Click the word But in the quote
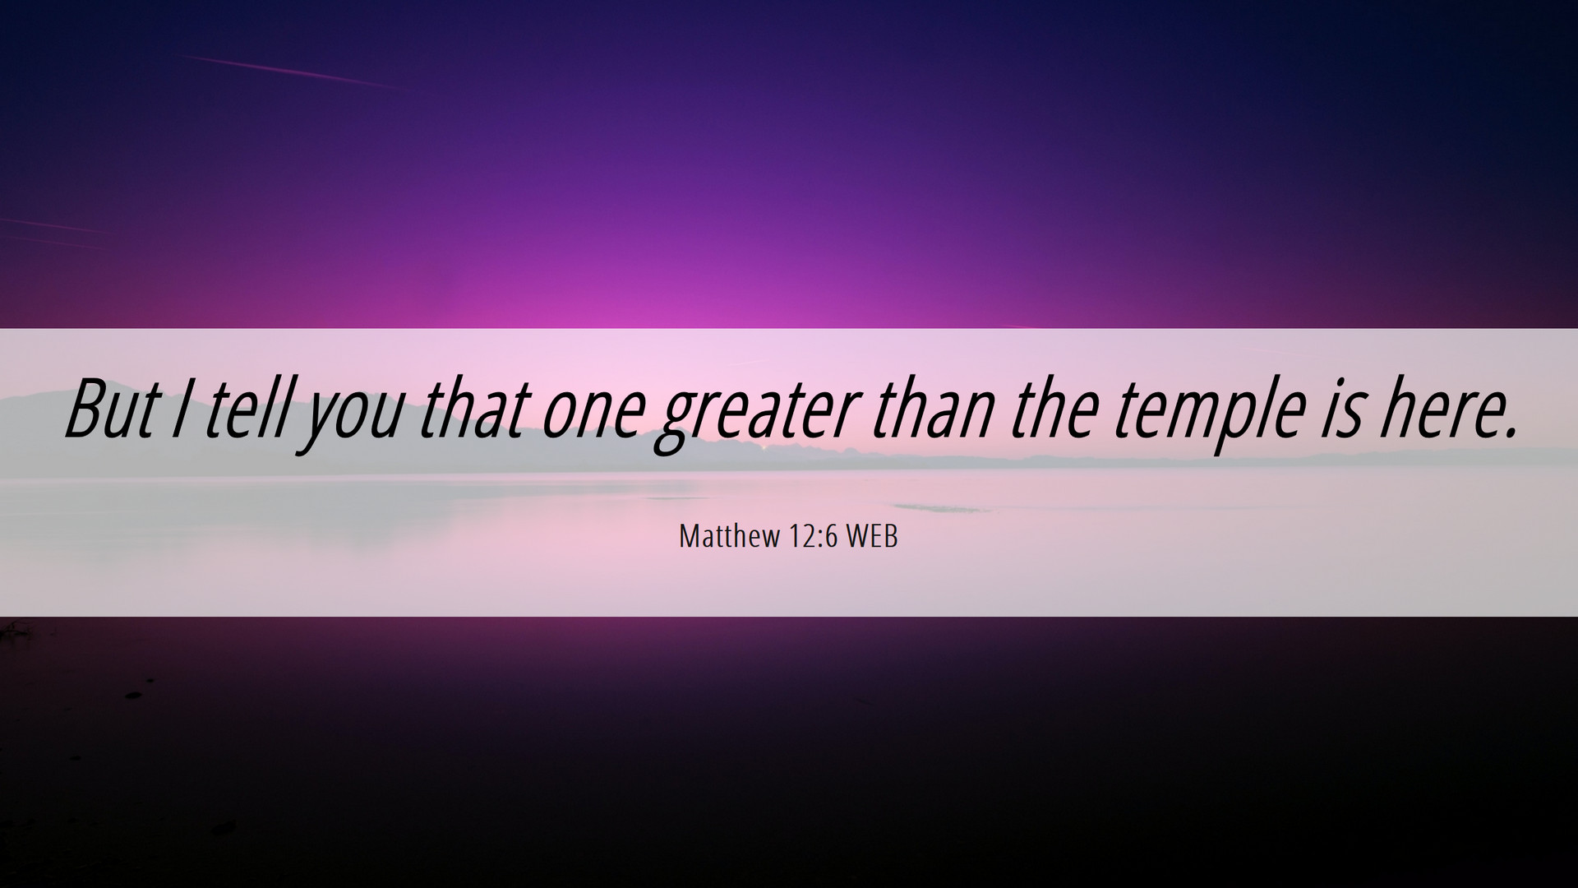click(x=111, y=409)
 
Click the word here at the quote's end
click(x=1437, y=408)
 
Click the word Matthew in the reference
click(x=729, y=537)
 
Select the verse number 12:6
click(x=812, y=537)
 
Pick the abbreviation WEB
click(x=872, y=537)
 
